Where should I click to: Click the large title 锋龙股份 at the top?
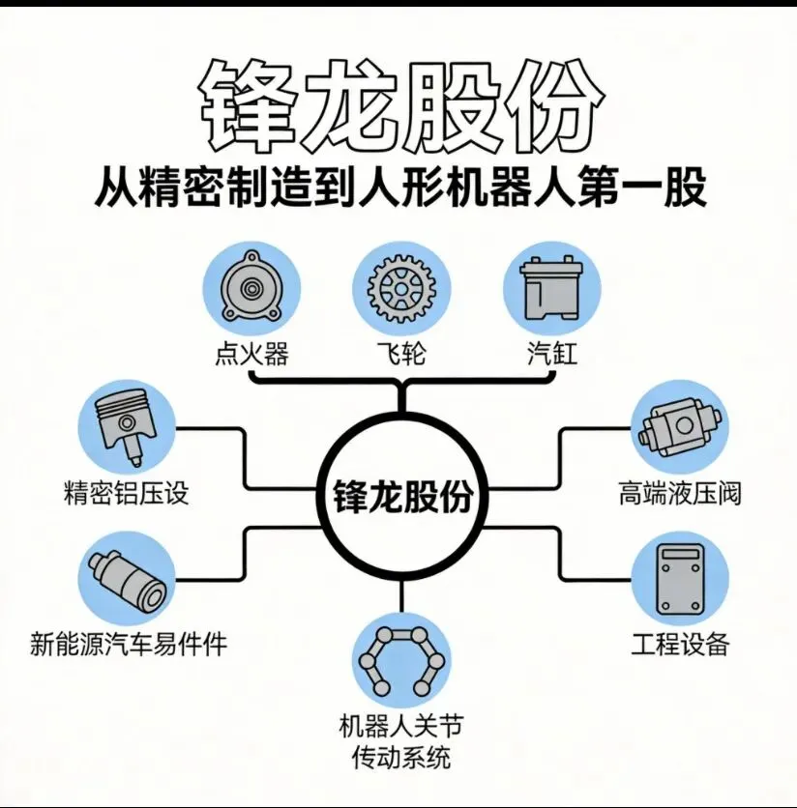(x=398, y=103)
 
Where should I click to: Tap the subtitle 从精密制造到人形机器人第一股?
(x=399, y=188)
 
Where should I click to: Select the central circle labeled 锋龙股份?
(x=398, y=497)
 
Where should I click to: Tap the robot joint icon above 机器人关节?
(x=400, y=659)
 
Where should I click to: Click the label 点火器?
(x=251, y=353)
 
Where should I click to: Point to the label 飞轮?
(x=401, y=353)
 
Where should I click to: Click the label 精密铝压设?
(x=125, y=494)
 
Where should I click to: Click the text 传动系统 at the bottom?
(x=400, y=756)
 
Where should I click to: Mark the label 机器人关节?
(x=400, y=725)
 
